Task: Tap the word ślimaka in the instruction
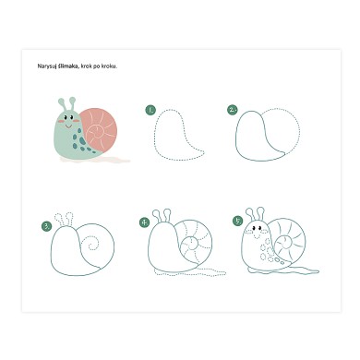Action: [68, 66]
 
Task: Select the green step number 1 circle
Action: [150, 110]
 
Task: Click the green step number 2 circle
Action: [233, 110]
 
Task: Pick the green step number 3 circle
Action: [46, 226]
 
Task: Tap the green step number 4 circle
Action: [144, 222]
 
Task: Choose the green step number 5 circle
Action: [238, 221]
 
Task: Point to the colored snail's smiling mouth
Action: [68, 126]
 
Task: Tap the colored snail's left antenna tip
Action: [61, 101]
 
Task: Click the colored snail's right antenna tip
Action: [72, 100]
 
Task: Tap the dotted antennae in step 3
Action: [64, 219]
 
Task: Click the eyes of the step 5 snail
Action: [257, 228]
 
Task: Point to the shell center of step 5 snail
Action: [286, 244]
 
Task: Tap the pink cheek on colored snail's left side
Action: [61, 122]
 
